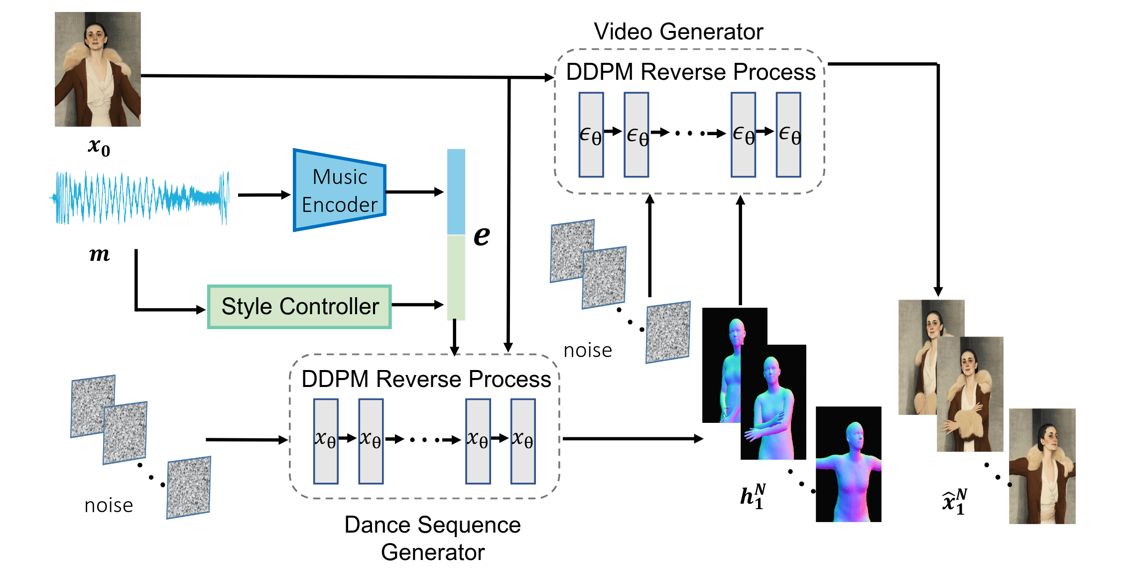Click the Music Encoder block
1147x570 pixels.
(x=340, y=190)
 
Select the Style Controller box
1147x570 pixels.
(x=299, y=306)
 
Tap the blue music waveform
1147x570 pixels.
(x=139, y=197)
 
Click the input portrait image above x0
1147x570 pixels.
(x=98, y=69)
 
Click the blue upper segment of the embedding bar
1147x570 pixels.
(x=456, y=191)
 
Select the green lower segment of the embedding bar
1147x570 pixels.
(x=456, y=277)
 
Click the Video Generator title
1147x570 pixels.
(x=678, y=32)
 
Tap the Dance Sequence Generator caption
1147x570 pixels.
(x=432, y=538)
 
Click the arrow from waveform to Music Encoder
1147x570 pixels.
(x=264, y=195)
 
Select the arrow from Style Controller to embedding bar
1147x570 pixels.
(x=417, y=305)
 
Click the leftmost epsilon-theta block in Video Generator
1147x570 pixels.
(x=591, y=135)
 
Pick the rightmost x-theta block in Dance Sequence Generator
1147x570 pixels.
(x=523, y=441)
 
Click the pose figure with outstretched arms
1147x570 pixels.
(x=848, y=464)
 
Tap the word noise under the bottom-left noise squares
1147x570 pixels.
(x=109, y=506)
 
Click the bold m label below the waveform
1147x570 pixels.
(x=99, y=254)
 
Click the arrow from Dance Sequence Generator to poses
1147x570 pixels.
(x=633, y=439)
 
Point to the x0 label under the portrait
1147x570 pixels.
(x=99, y=147)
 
